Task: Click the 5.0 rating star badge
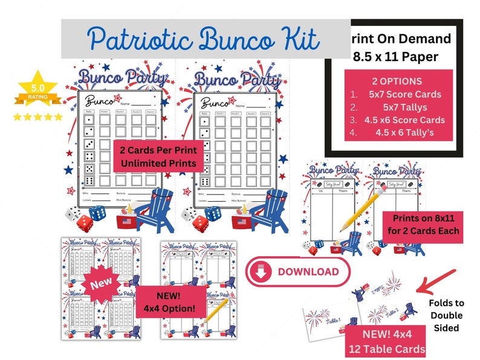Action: tap(37, 91)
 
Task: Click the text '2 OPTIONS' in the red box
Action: tap(398, 81)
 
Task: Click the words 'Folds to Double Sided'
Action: tap(446, 315)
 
